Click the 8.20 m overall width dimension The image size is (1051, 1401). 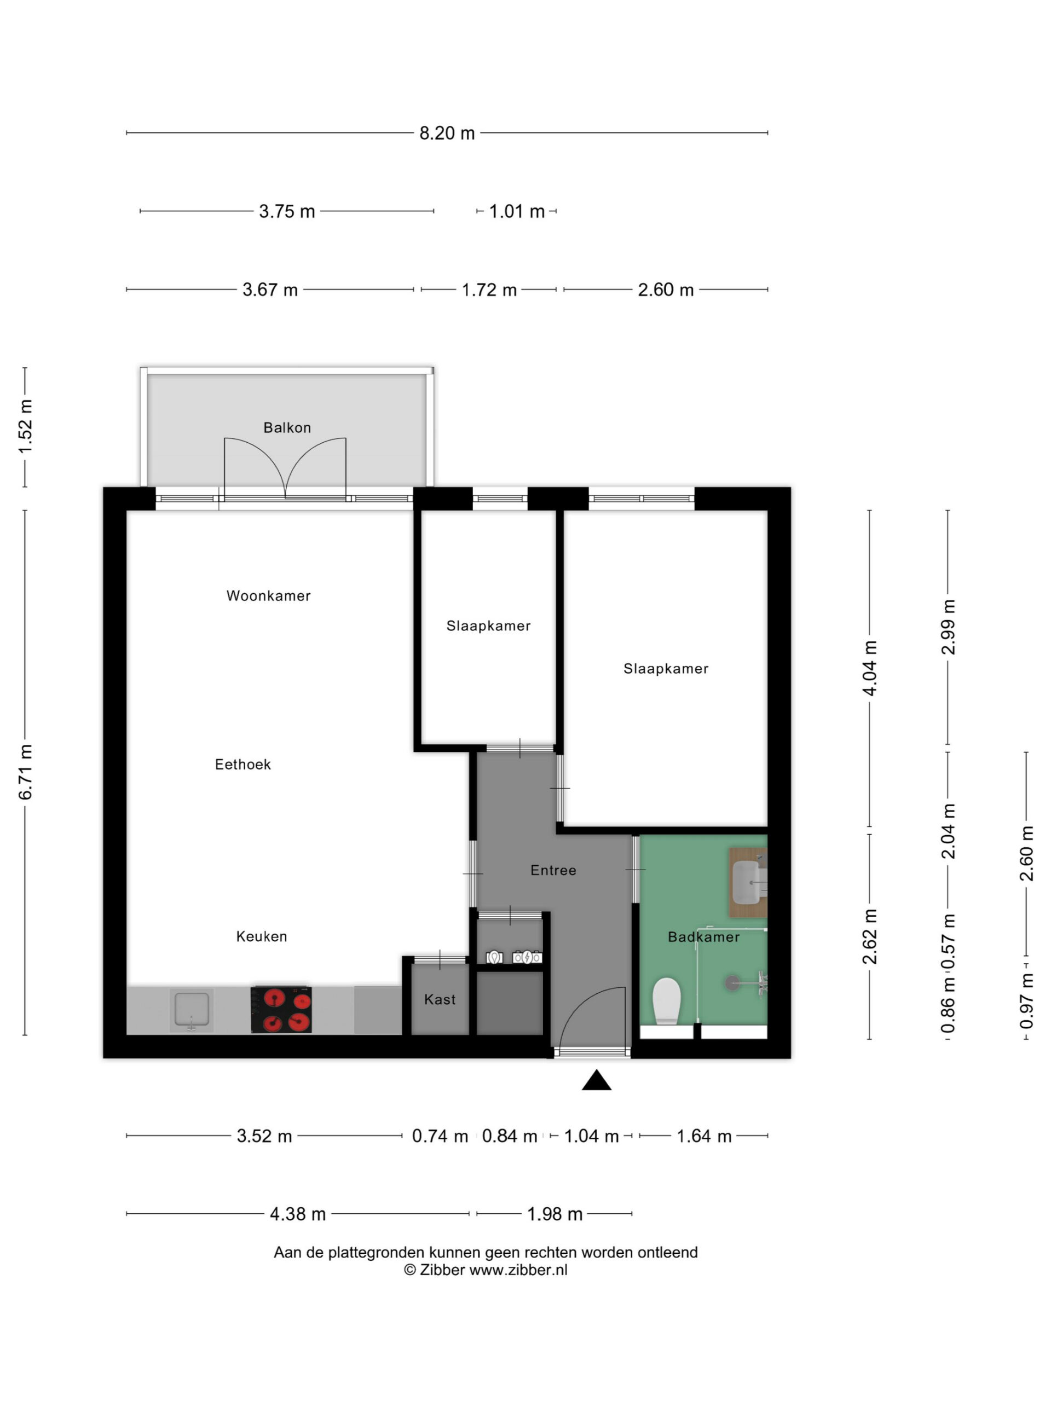(447, 133)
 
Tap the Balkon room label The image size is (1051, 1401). (287, 427)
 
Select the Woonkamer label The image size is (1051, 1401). (269, 595)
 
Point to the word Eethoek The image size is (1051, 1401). (242, 765)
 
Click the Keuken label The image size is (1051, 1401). (262, 936)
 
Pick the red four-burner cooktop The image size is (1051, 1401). (281, 1009)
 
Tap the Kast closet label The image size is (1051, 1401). (440, 999)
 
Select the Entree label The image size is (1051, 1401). (553, 870)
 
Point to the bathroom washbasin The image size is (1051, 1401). (748, 882)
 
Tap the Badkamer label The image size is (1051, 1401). (703, 937)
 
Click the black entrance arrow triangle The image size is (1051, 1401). (596, 1080)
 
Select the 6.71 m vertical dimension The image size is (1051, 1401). (25, 772)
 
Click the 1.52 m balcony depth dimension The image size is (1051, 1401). (25, 427)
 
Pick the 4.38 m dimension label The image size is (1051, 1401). (298, 1214)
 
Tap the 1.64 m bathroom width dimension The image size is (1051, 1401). (704, 1136)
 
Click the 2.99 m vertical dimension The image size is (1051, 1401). (948, 627)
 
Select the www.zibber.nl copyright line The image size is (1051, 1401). (486, 1270)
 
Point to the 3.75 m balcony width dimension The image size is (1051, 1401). (287, 211)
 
